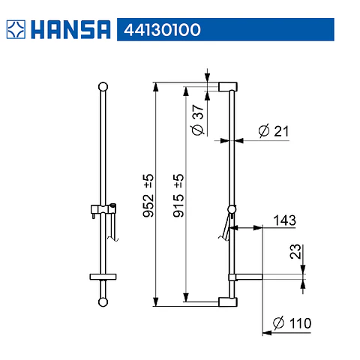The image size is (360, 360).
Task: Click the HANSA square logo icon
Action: pyautogui.click(x=16, y=29)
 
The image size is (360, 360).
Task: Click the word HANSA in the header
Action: pyautogui.click(x=70, y=29)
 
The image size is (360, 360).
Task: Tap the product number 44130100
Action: pyautogui.click(x=162, y=30)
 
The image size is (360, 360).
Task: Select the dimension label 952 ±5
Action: pyautogui.click(x=148, y=196)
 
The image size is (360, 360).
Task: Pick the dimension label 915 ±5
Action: pyautogui.click(x=178, y=196)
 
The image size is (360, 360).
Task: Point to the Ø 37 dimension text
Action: pyautogui.click(x=198, y=120)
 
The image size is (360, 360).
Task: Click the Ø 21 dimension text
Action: pyautogui.click(x=274, y=130)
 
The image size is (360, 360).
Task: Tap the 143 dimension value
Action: pyautogui.click(x=284, y=220)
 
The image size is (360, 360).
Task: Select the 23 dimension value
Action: pyautogui.click(x=295, y=251)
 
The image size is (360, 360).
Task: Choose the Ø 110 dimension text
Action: pyautogui.click(x=292, y=323)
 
